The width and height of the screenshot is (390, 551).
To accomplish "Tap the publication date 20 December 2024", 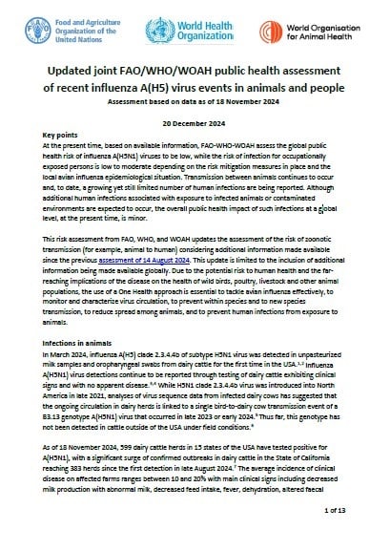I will (195, 139).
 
